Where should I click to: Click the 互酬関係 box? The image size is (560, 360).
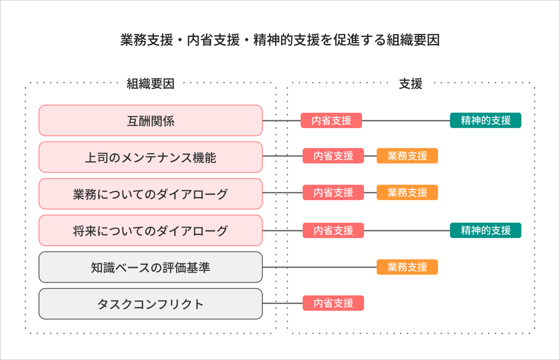tap(150, 120)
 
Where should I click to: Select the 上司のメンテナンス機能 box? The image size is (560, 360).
tap(150, 157)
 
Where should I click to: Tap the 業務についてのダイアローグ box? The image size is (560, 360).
tap(150, 194)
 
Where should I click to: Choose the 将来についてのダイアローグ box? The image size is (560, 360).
tap(150, 230)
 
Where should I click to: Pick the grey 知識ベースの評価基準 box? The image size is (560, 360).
tap(150, 267)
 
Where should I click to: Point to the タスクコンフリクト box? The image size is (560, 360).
tap(150, 304)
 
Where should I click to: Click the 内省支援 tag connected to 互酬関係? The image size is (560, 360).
tap(331, 120)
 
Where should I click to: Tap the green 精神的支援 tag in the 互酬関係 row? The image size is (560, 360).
tap(486, 120)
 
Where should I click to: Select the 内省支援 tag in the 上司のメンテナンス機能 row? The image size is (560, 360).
tap(333, 156)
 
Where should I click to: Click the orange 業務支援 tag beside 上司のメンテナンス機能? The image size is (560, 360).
tap(407, 156)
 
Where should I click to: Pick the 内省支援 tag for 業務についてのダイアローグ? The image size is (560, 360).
tap(333, 192)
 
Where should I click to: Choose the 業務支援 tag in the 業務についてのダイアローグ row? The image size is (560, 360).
tap(407, 192)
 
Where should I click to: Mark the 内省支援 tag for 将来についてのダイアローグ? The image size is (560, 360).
tap(333, 230)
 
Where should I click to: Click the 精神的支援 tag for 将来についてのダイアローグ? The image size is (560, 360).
tap(486, 230)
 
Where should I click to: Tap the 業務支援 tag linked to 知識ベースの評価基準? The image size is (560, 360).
tap(407, 267)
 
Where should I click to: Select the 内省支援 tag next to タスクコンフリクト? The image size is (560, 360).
tap(333, 304)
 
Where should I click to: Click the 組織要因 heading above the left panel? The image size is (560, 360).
tap(150, 84)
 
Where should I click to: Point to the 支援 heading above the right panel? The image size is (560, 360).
tap(410, 84)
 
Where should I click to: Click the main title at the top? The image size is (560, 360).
tap(280, 40)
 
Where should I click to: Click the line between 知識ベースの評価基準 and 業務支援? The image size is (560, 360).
tap(319, 267)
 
